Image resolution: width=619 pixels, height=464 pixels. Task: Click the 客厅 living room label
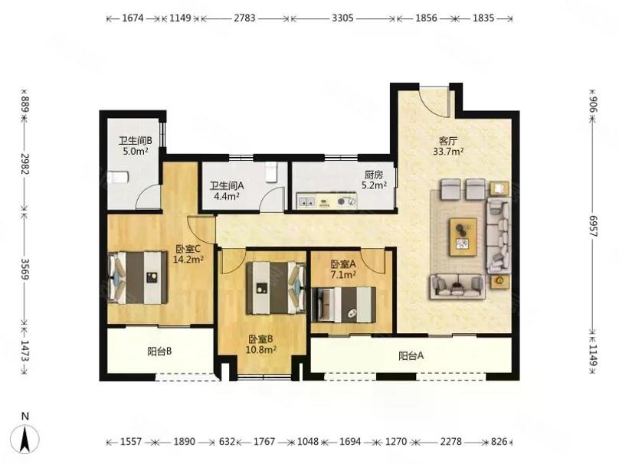point(448,141)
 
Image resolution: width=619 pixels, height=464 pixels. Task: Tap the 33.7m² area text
point(448,152)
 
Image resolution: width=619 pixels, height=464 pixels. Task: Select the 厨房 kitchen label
point(373,175)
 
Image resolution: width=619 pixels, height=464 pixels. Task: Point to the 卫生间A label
point(227,185)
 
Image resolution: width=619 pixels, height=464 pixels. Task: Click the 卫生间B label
point(136,141)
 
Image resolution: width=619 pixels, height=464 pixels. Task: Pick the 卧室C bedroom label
point(188,249)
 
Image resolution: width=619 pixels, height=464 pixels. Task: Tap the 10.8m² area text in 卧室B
point(260,350)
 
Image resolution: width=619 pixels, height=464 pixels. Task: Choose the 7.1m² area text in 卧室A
point(343,275)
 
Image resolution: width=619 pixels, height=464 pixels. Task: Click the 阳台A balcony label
point(411,356)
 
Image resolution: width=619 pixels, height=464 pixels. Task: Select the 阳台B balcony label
point(159,351)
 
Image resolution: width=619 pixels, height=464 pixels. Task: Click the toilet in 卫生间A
point(271,172)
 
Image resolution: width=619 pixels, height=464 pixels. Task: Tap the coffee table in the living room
point(463,237)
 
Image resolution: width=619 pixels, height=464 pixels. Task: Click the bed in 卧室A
point(343,305)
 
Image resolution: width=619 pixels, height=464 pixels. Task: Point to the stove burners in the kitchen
point(346,202)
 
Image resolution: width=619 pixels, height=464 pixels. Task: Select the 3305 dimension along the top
point(342,18)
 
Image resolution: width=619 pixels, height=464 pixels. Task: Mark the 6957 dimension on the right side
point(594,226)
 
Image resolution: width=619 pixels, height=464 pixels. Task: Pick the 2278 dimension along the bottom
point(450,442)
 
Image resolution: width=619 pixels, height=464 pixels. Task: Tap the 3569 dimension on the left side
point(25,270)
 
